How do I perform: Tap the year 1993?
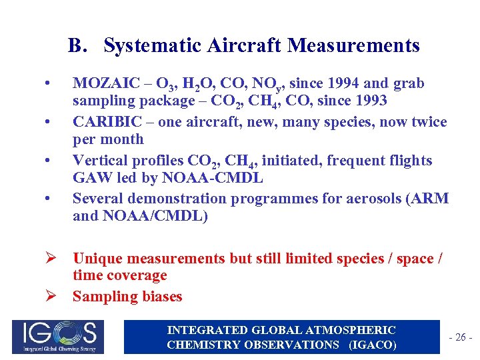[x=369, y=102]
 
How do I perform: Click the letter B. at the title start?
[x=77, y=45]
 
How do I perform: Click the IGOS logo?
[x=55, y=337]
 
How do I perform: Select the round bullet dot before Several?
[x=46, y=199]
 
